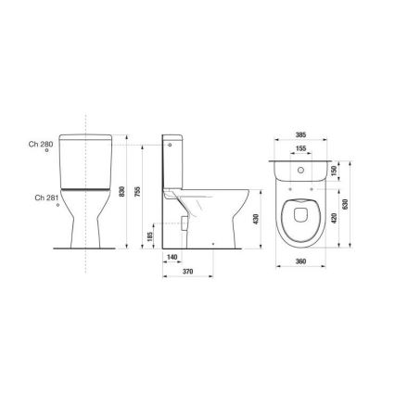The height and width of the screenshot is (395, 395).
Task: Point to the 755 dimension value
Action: click(137, 193)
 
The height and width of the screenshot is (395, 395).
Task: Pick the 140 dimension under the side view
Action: click(172, 257)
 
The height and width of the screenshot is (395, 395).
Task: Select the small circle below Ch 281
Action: click(58, 206)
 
